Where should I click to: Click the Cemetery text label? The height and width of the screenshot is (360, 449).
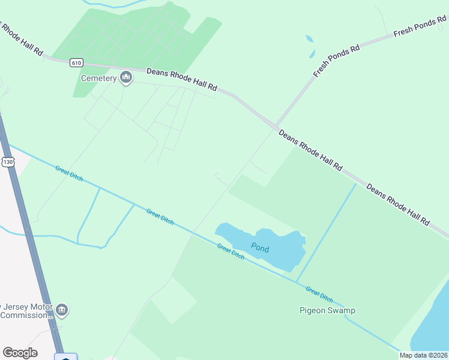coord(98,79)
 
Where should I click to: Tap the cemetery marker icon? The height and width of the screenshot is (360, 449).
coord(126,77)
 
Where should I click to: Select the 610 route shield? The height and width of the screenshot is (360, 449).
coord(76,62)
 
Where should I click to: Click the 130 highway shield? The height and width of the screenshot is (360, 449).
coord(7,162)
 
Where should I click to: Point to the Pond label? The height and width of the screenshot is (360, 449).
coord(260,248)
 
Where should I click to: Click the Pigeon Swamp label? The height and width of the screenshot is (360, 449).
coord(327,310)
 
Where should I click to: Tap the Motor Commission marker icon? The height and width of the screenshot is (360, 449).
coord(62,310)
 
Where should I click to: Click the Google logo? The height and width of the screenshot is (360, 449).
coord(20,353)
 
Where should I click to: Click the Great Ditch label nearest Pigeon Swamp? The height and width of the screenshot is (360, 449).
coord(319,294)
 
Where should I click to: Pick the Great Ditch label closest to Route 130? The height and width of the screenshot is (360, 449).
coord(68,176)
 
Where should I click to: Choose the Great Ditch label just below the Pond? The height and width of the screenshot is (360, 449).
coord(231,251)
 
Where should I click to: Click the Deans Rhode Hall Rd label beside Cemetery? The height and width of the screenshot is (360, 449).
coord(181,80)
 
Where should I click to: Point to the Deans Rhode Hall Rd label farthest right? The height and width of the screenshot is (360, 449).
coord(398,205)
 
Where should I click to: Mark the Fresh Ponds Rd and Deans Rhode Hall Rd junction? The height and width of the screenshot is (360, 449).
coord(276,127)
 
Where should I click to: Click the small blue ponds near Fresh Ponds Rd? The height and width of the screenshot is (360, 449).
coord(310,46)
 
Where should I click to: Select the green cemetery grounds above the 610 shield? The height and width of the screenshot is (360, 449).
coord(138,36)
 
